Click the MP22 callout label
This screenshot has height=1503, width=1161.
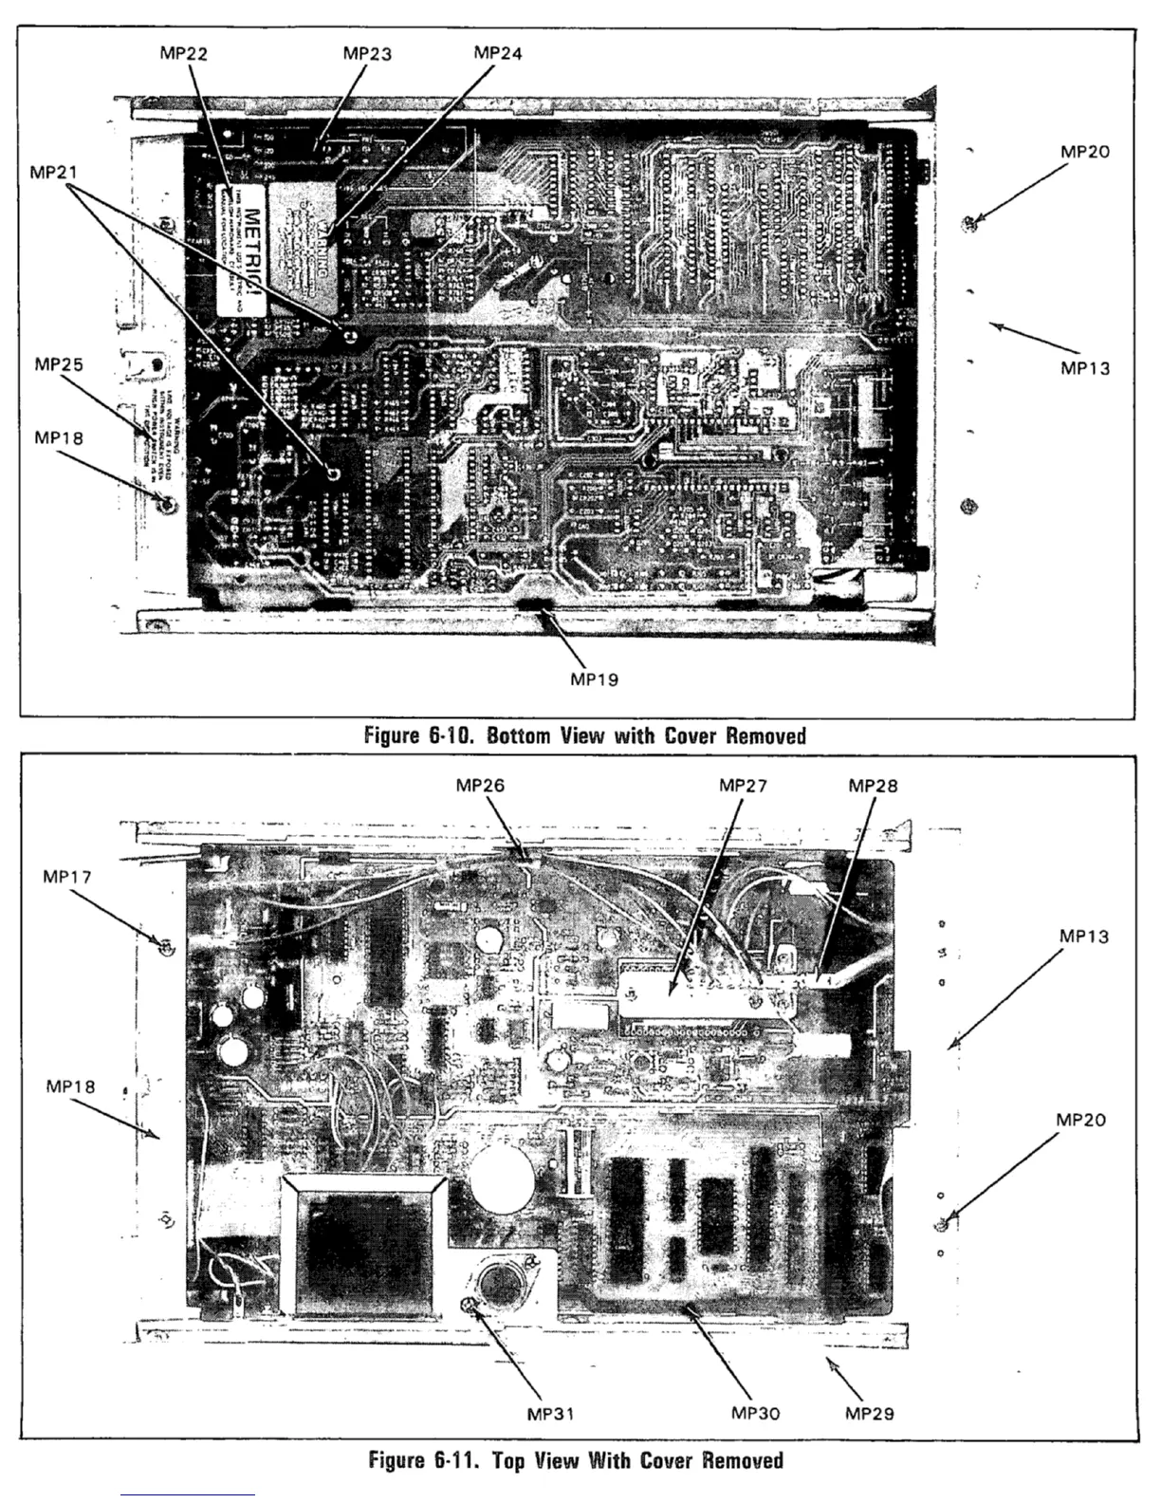point(184,54)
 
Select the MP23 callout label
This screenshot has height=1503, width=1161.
point(367,54)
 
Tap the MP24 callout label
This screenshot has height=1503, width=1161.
point(497,53)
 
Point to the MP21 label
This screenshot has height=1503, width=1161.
point(54,172)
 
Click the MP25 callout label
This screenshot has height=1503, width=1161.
point(59,364)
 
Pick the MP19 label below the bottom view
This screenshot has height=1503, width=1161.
point(595,679)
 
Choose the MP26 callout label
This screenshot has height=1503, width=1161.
point(480,785)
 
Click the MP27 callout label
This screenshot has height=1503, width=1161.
point(744,785)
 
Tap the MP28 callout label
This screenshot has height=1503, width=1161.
point(873,785)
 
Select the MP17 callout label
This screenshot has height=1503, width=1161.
point(67,877)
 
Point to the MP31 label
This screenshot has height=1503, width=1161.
point(551,1414)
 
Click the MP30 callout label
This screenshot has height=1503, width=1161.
point(756,1413)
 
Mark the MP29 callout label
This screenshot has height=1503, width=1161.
point(870,1414)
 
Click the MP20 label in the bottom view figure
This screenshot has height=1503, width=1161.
point(1085,152)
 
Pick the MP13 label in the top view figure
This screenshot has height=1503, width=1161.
point(1084,937)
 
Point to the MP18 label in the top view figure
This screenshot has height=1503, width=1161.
point(71,1086)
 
